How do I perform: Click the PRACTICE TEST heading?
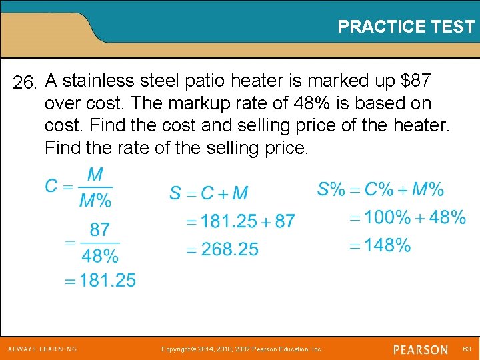405,27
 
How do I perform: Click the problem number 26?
27,83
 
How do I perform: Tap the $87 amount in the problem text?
415,81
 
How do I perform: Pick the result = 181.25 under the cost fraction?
100,281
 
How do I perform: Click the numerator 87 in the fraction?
99,230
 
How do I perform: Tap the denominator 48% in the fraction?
100,255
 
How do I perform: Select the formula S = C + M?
209,193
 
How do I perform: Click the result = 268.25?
221,249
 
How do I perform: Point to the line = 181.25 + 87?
239,221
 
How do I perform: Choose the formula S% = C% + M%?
380,189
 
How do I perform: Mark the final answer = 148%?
380,245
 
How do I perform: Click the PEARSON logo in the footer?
420,349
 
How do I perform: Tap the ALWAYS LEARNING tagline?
43,349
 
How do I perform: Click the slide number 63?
467,349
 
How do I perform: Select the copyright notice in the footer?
242,349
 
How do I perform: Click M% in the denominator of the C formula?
95,199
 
